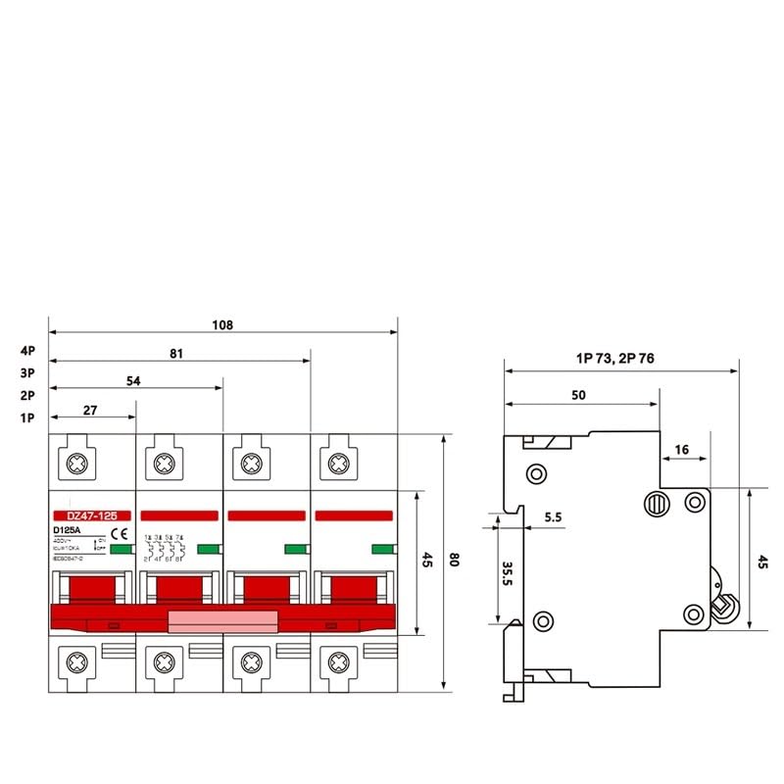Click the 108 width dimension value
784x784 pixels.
[222, 325]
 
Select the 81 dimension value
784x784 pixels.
[177, 354]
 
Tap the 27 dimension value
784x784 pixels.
[90, 411]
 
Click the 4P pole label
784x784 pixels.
[26, 350]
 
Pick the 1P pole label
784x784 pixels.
[26, 418]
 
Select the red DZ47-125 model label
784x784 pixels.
[90, 514]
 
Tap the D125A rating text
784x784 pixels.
[68, 531]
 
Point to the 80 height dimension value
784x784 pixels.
[454, 561]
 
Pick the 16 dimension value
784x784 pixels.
[682, 450]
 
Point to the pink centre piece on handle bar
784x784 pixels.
[222, 620]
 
